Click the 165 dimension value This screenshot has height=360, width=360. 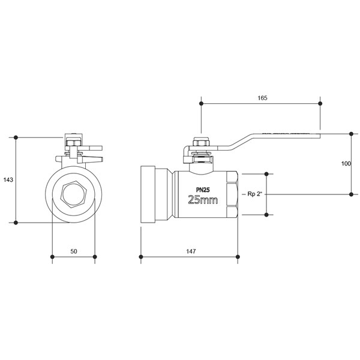click(x=262, y=98)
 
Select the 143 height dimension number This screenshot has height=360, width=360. click(x=8, y=180)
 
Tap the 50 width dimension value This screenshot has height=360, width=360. click(x=74, y=251)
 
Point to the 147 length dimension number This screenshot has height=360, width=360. click(x=191, y=251)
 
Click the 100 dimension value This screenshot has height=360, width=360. click(x=346, y=164)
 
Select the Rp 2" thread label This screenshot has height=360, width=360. click(x=254, y=194)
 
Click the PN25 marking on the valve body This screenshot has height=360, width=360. click(x=203, y=190)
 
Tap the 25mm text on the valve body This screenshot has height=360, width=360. click(x=203, y=200)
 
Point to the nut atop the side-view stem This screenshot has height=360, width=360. click(x=201, y=142)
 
